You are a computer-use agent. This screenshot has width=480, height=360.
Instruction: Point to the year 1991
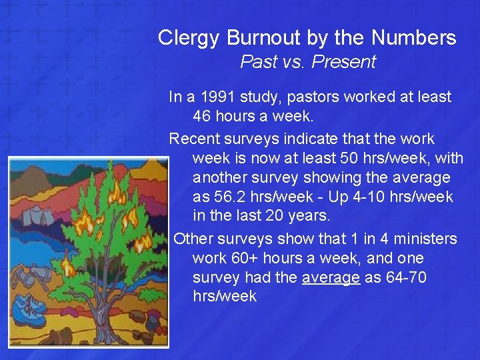click(217, 97)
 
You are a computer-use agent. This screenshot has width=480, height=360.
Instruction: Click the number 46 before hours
click(203, 116)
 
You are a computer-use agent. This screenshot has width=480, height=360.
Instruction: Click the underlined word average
click(331, 277)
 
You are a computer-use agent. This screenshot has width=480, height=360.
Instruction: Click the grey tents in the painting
click(34, 215)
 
